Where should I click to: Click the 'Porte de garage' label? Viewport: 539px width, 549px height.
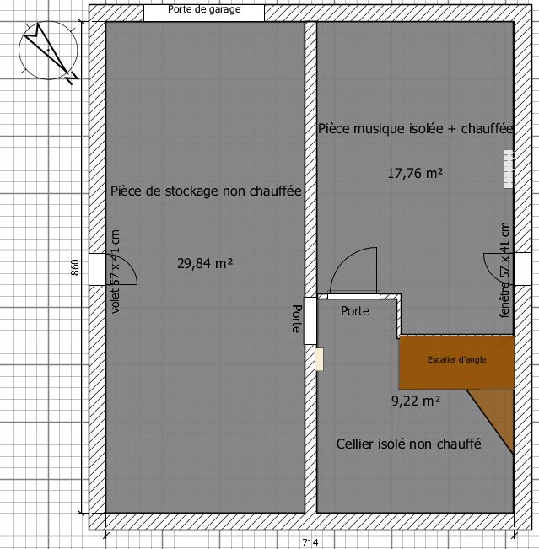(204, 9)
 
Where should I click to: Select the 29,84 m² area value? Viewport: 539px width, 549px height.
(205, 263)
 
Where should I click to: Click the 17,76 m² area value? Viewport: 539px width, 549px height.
(415, 173)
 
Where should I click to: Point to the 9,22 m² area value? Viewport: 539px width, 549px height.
(416, 401)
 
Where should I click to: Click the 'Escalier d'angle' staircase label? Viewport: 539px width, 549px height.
(456, 359)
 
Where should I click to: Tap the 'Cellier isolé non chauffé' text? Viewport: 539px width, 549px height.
(409, 444)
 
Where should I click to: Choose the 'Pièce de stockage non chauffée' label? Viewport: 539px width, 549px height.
(206, 191)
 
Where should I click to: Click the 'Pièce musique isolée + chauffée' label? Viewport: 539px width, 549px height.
(415, 129)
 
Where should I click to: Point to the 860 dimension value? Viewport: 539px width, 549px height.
(75, 267)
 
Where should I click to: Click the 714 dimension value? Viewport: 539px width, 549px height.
(310, 543)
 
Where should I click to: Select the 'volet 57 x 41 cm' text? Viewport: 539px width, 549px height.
(115, 272)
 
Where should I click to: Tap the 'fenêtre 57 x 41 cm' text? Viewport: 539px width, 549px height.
(504, 270)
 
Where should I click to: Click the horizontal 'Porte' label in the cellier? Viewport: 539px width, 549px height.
(355, 311)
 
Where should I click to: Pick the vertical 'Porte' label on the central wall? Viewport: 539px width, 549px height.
(297, 319)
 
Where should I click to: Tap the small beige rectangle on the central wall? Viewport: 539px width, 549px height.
(319, 359)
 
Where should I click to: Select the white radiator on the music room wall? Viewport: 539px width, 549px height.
(509, 169)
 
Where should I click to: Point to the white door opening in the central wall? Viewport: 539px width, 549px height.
(310, 320)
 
